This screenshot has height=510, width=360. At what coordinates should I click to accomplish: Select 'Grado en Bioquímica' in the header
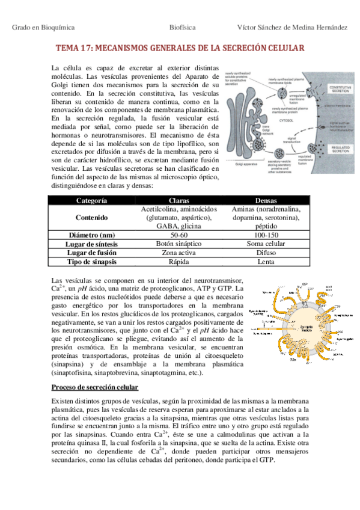(39, 28)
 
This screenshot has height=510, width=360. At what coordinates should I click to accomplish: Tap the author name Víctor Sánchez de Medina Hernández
(293, 28)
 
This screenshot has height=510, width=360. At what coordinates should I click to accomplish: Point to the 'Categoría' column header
(92, 200)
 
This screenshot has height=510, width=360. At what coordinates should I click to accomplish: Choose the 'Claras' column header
(180, 200)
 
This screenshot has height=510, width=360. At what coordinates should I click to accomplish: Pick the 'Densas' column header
(266, 200)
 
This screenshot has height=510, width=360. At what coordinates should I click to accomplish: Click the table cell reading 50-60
(180, 235)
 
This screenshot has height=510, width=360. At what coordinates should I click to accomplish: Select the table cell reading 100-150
(266, 235)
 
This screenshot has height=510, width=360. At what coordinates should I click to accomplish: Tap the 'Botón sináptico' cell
(180, 244)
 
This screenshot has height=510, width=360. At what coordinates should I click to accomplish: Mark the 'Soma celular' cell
(266, 244)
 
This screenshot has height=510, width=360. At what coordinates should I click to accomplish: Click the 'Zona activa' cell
(180, 253)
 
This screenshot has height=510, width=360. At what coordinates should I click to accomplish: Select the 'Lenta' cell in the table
(266, 262)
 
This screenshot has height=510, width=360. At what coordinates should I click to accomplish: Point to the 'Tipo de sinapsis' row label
(92, 262)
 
